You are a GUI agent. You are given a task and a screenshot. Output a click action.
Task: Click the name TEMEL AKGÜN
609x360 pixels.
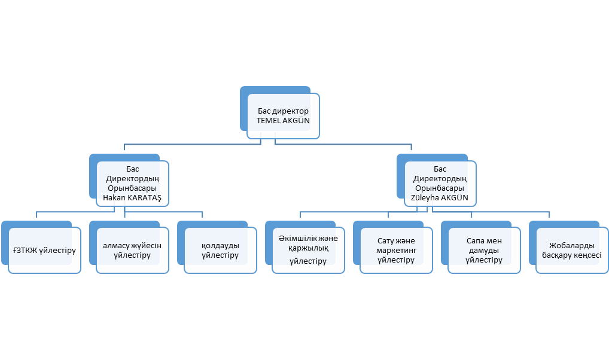point(283,121)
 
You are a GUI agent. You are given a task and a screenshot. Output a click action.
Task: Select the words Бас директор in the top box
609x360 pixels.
point(283,111)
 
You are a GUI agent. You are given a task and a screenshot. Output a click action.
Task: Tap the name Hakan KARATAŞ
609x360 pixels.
point(132,198)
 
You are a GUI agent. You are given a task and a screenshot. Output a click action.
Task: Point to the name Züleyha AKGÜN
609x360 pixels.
point(440,198)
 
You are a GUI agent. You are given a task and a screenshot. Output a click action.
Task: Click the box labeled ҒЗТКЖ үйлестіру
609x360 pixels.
point(45,251)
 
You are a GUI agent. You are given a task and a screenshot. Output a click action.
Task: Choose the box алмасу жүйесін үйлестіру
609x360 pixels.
point(132,251)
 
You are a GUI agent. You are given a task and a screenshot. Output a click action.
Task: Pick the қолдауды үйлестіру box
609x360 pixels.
point(221,251)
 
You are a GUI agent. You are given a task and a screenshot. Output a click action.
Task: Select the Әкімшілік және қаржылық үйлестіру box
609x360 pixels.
point(308,251)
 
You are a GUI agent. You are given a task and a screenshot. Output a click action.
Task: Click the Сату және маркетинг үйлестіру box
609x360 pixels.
point(396,251)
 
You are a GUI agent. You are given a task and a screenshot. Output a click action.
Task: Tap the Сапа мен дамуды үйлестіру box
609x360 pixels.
point(485,251)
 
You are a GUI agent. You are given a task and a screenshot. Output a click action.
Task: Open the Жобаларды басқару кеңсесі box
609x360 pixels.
point(572,251)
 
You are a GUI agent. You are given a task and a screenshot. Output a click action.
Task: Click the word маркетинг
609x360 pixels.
point(396,251)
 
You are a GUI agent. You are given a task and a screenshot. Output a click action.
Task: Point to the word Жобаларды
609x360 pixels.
point(572,245)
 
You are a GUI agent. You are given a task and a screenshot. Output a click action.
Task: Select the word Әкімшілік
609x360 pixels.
point(298,239)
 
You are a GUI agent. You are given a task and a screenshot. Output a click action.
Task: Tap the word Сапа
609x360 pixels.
point(475,241)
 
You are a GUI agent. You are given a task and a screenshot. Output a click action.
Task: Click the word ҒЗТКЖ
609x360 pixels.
point(25,251)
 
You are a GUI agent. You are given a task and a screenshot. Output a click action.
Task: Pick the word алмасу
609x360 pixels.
point(115,246)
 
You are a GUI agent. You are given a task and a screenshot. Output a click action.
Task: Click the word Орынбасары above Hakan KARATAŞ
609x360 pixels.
point(132,188)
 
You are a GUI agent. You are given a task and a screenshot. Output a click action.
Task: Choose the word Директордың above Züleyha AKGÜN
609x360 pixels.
point(440,179)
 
